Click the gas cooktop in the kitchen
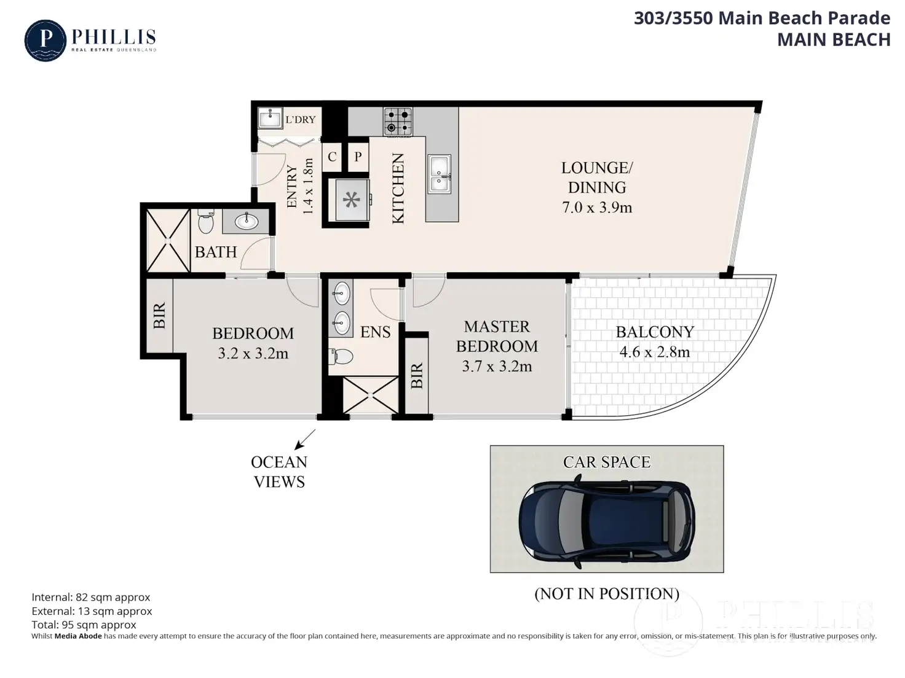click(397, 122)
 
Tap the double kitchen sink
click(439, 174)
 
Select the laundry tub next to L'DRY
click(270, 118)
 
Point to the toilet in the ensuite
click(341, 356)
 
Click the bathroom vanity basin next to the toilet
click(247, 222)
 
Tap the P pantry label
click(358, 157)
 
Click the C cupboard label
click(332, 157)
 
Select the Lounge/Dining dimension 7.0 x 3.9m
click(596, 207)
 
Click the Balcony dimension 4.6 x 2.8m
click(654, 352)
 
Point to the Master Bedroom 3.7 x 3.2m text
click(497, 346)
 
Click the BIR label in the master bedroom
click(417, 375)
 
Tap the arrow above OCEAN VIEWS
click(305, 440)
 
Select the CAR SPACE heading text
click(606, 462)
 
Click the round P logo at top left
click(45, 41)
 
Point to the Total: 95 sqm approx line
click(84, 625)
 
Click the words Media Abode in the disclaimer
click(78, 636)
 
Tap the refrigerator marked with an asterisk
click(351, 200)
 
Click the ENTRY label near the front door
click(291, 187)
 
